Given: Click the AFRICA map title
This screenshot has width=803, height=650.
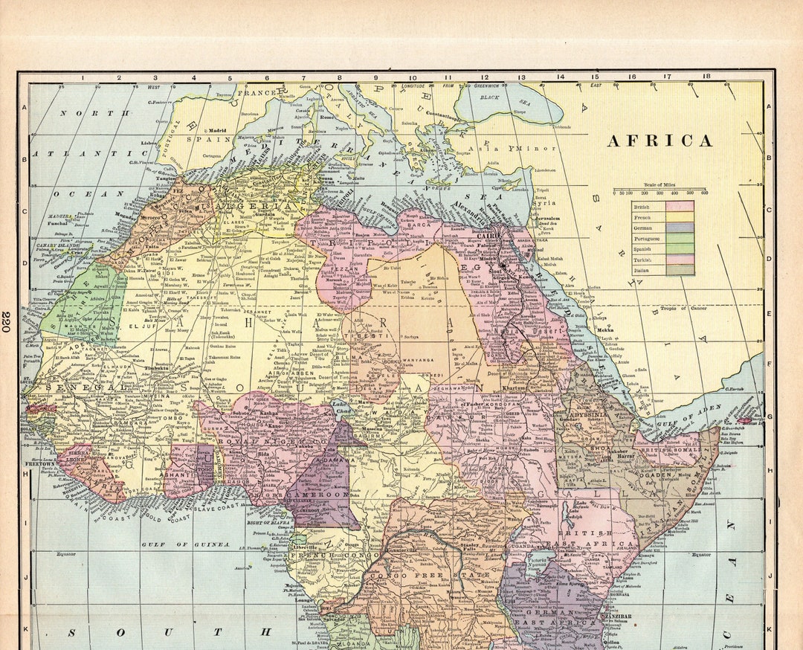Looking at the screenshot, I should click(x=660, y=141).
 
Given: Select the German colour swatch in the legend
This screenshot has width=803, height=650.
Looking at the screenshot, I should click(x=680, y=228).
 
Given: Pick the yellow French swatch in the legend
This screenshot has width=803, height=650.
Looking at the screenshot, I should click(x=680, y=216).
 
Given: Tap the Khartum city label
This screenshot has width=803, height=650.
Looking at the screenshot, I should click(x=513, y=388).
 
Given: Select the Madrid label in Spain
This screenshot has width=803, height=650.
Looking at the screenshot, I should click(x=216, y=129).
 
